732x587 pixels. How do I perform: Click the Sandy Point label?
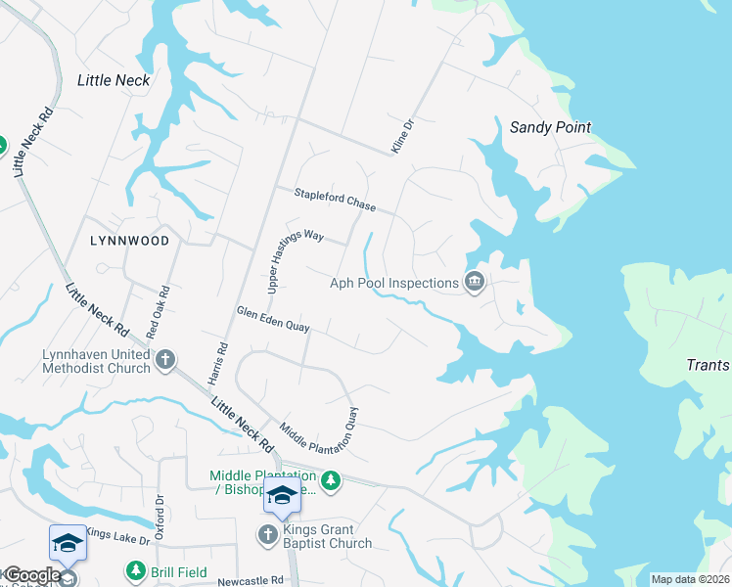(x=551, y=127)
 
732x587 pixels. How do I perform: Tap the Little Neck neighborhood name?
(x=114, y=80)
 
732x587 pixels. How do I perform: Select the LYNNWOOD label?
(x=129, y=240)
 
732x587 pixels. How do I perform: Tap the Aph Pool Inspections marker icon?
(x=475, y=283)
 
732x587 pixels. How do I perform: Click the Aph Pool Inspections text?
(x=394, y=284)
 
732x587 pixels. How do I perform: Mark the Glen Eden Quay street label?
(x=273, y=320)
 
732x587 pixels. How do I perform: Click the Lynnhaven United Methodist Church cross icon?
(x=165, y=361)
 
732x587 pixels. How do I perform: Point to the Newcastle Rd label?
(x=250, y=579)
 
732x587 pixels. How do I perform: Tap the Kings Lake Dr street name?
(x=116, y=536)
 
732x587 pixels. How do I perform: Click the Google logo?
(x=32, y=575)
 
